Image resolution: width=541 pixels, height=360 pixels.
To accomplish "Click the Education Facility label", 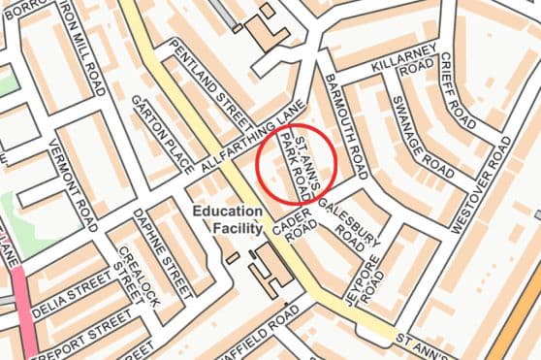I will (227, 220).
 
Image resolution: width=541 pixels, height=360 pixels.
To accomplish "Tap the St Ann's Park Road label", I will (297, 167).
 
